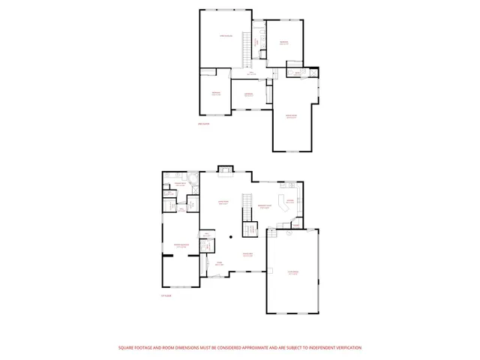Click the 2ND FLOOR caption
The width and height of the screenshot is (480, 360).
coord(202,124)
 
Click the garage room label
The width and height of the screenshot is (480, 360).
coord(292,273)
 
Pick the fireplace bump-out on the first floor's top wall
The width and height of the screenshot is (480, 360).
coord(224,170)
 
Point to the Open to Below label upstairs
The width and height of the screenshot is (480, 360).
coord(225,36)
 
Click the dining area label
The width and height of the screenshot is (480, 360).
coord(247,255)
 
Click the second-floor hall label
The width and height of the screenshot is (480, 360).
coord(242,73)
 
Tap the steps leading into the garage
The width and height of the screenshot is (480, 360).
coord(272,234)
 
